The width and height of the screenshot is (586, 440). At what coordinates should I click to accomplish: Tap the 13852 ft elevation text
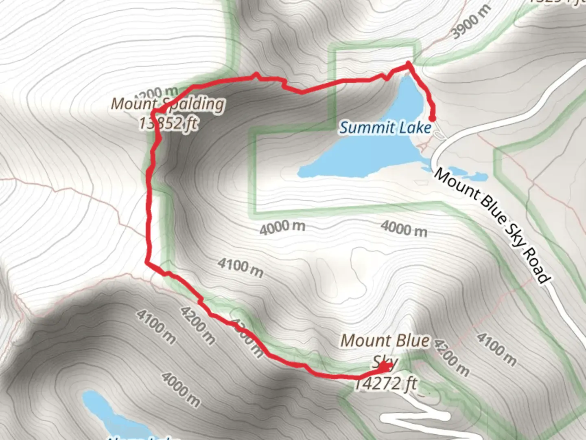[168, 123]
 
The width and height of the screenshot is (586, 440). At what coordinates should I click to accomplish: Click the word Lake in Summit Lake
[415, 128]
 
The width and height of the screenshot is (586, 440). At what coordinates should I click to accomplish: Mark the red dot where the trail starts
[432, 119]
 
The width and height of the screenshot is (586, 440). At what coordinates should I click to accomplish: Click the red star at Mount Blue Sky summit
[384, 367]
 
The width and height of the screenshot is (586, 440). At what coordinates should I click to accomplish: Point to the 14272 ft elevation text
[385, 384]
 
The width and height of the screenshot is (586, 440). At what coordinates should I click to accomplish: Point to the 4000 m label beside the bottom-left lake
[181, 389]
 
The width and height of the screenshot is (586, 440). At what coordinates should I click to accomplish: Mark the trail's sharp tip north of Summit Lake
[408, 64]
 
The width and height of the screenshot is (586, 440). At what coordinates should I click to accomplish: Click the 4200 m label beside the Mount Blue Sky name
[451, 358]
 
